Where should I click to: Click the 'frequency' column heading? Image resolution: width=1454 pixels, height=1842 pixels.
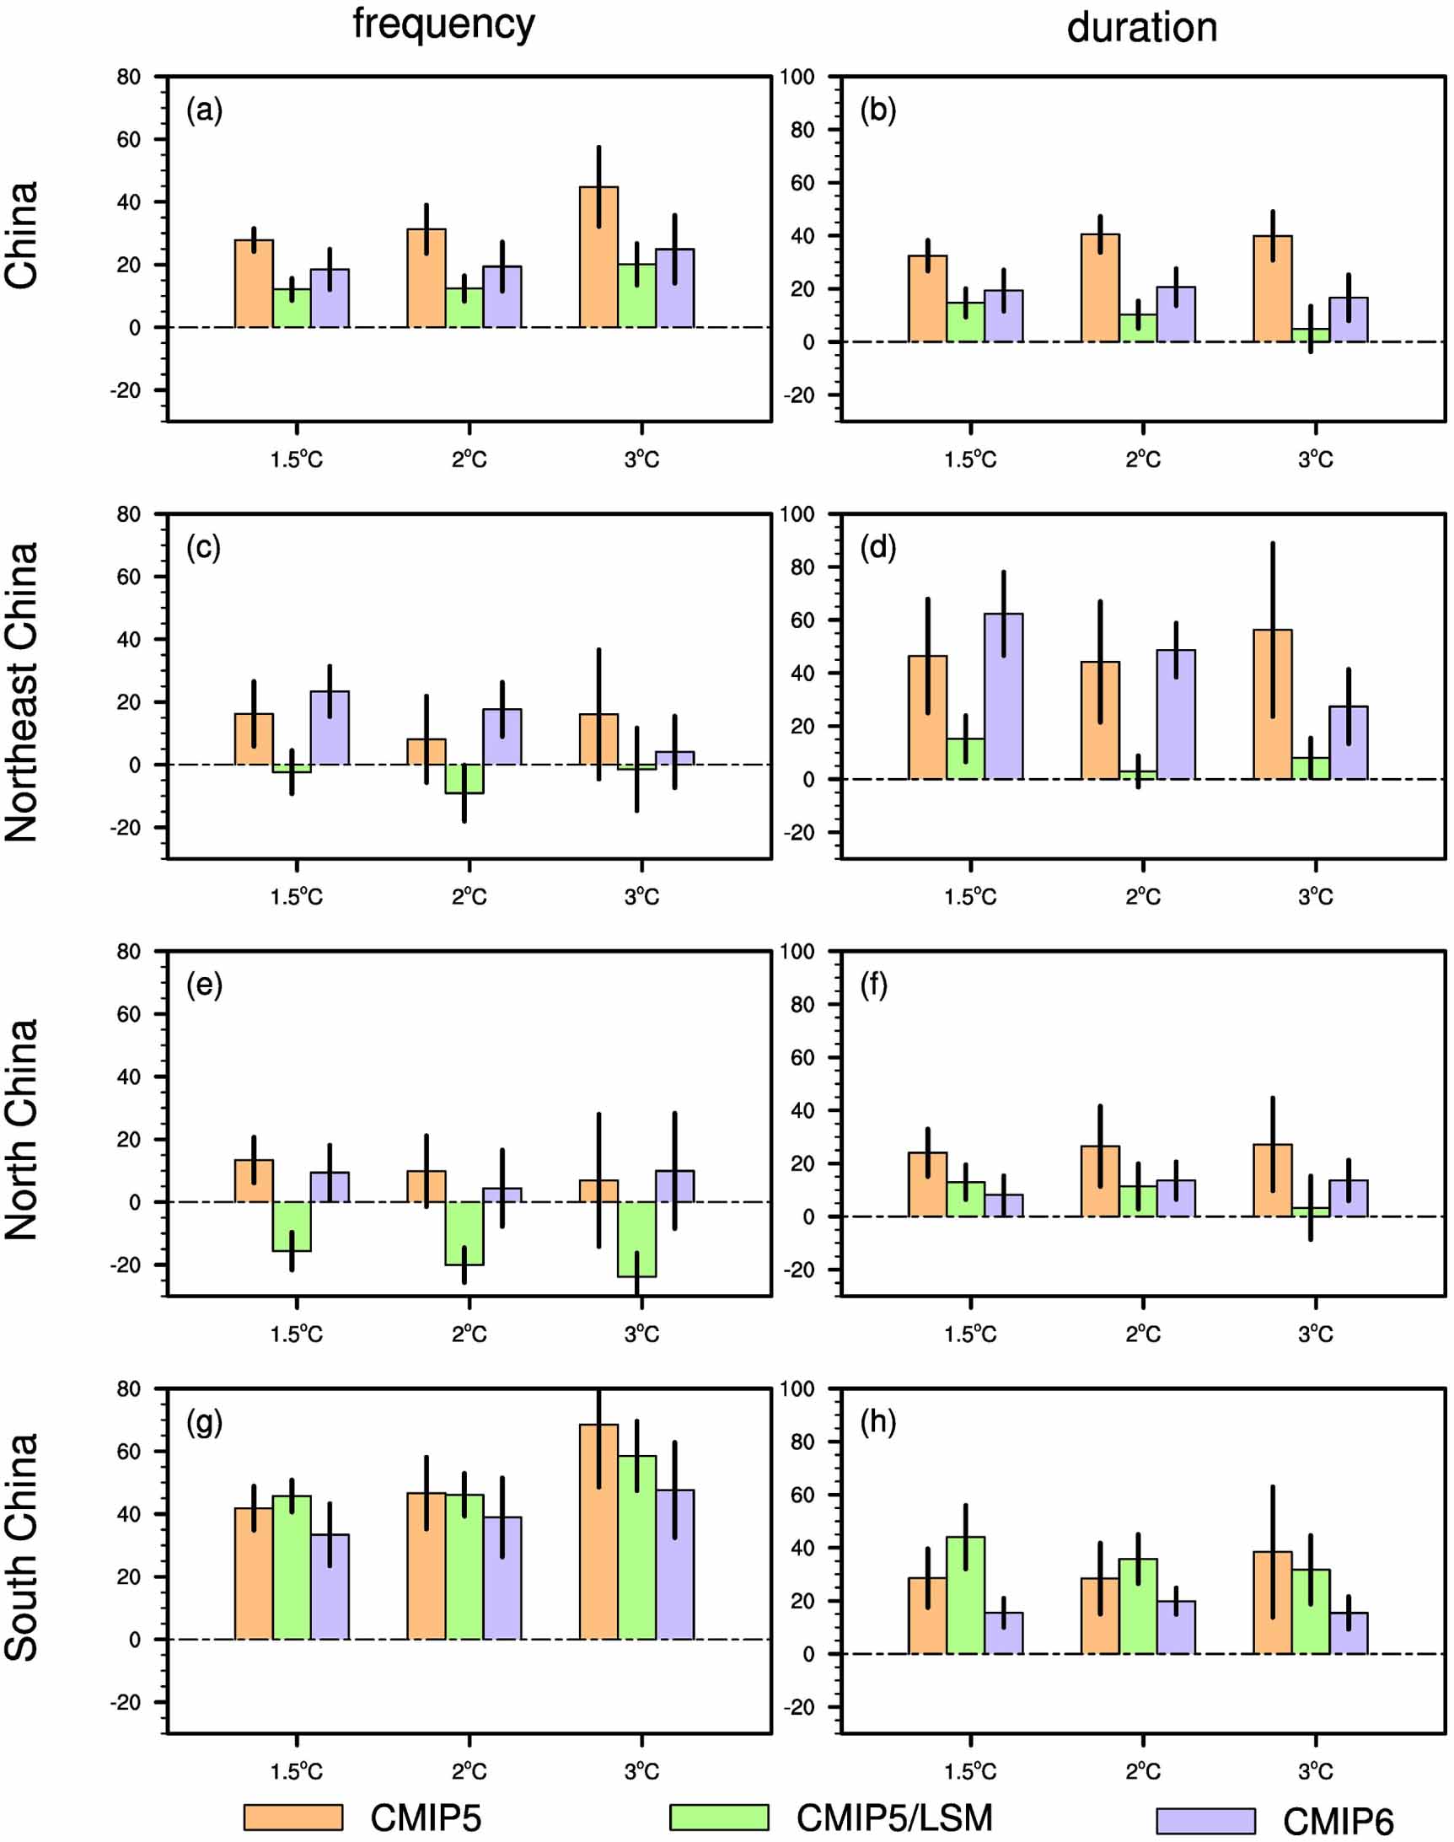click(x=443, y=24)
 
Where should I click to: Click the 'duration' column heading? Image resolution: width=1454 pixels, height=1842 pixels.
click(x=1141, y=27)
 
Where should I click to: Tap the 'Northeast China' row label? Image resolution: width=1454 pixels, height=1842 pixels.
click(x=22, y=691)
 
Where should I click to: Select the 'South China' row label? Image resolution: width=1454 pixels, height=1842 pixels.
click(x=22, y=1547)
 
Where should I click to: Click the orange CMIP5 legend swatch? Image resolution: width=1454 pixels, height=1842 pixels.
click(x=292, y=1817)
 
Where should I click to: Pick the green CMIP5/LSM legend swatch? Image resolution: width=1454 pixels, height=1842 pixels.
click(x=718, y=1817)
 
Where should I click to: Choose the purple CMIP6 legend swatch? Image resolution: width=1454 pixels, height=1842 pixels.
click(x=1205, y=1821)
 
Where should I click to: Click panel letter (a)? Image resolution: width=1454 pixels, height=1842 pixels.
click(x=204, y=110)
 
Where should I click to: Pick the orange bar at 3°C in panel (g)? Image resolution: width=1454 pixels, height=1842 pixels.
click(x=598, y=1532)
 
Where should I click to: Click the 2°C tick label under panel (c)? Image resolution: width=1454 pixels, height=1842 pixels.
click(x=469, y=896)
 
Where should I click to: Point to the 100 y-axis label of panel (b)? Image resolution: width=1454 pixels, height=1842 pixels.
click(x=797, y=77)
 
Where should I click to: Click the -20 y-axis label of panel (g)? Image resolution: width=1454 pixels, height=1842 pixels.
click(x=125, y=1701)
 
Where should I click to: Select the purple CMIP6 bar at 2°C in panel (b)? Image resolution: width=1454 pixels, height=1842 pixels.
click(x=1176, y=314)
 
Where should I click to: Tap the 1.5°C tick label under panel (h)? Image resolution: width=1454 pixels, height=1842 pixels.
click(x=969, y=1770)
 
